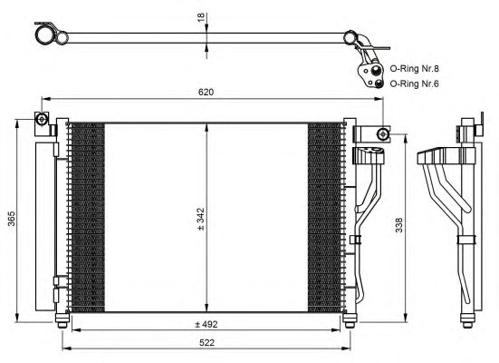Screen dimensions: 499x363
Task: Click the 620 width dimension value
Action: click(206, 92)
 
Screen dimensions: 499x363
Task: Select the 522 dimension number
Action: click(206, 343)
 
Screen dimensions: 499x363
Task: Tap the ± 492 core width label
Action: click(206, 324)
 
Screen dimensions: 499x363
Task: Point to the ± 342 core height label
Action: click(200, 219)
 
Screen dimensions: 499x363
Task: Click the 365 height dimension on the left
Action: click(12, 218)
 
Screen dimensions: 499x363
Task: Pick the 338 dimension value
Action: click(398, 225)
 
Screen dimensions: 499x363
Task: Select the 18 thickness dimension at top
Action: click(201, 17)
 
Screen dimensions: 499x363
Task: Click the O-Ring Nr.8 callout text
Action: click(415, 69)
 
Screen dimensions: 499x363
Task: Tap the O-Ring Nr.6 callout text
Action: click(415, 83)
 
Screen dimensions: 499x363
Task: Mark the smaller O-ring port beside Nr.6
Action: click(378, 83)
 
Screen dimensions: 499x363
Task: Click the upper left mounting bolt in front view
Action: click(42, 119)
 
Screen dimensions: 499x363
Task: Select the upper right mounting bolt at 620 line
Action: click(383, 133)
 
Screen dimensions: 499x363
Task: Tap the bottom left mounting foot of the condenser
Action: click(62, 320)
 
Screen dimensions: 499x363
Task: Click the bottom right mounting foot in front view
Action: click(350, 320)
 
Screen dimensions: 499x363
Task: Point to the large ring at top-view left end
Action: click(43, 35)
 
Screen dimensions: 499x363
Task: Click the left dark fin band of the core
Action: click(87, 218)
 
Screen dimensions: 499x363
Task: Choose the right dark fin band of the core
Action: click(325, 218)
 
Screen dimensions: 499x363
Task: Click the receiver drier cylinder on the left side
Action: click(45, 227)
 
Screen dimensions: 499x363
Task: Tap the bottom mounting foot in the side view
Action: click(467, 320)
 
